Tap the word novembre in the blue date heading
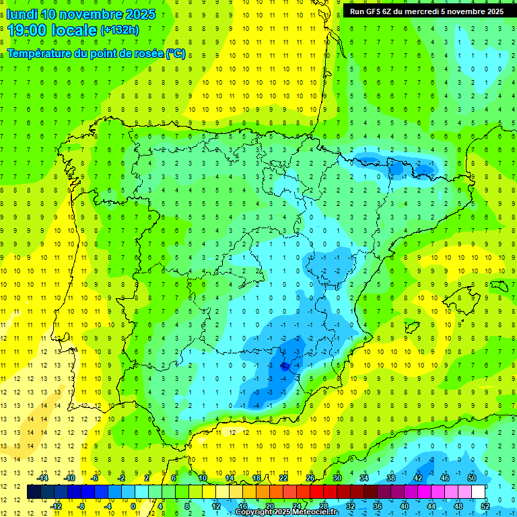coord(92,14)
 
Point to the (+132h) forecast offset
coord(119,30)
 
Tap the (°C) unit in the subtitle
coord(175,53)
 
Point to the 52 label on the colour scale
coord(485,506)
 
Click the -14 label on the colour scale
coord(42,477)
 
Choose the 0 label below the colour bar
coord(133,506)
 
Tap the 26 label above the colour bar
coord(310,477)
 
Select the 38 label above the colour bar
coord(390,477)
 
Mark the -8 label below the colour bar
coord(81,506)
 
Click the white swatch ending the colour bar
coord(478,492)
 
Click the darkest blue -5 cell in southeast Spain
coord(284,366)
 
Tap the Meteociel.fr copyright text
coord(285,512)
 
